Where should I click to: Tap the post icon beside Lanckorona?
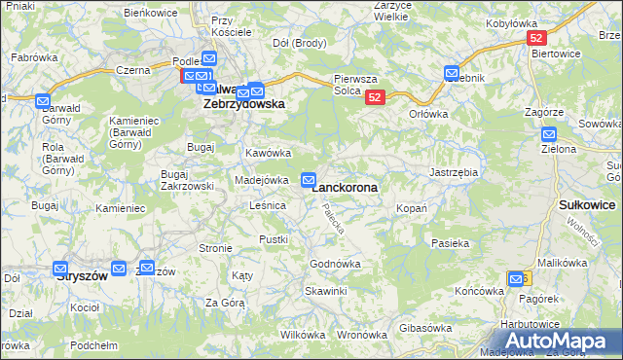click(x=309, y=179)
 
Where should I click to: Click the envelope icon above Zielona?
click(x=549, y=135)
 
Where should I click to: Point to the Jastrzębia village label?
click(x=454, y=171)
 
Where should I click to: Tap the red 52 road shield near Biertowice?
click(x=535, y=37)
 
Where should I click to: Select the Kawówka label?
click(x=269, y=153)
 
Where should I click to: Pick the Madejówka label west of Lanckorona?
click(x=261, y=180)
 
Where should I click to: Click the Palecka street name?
click(x=334, y=219)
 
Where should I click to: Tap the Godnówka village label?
click(x=335, y=264)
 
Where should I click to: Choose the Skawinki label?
click(x=325, y=291)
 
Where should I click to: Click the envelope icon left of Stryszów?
click(x=60, y=270)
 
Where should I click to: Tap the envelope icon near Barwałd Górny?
click(x=42, y=100)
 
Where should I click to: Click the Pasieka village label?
click(x=450, y=243)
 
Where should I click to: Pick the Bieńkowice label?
click(x=150, y=12)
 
